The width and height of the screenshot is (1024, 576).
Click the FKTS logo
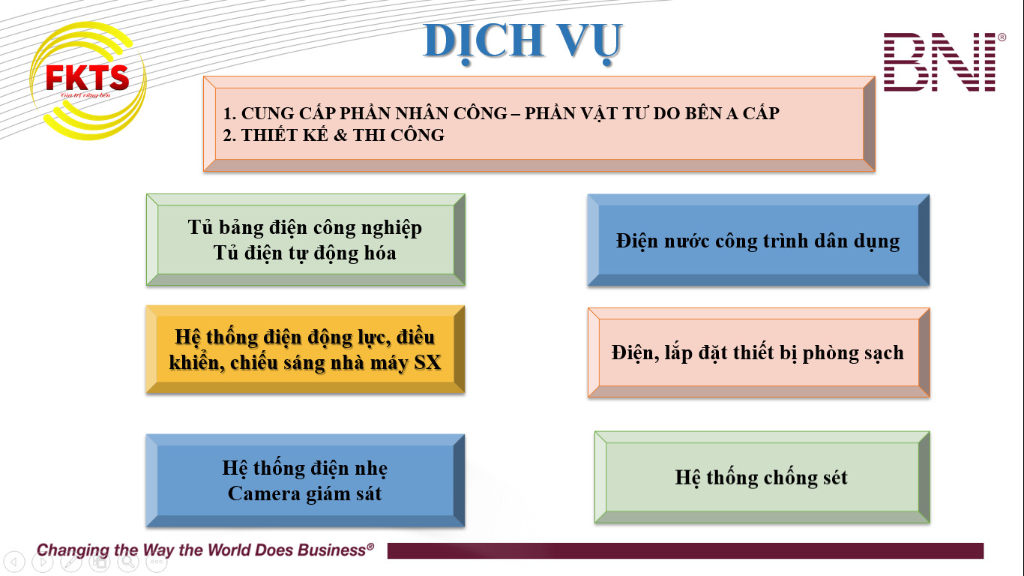point(88,80)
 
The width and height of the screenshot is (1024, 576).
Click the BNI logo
point(940,61)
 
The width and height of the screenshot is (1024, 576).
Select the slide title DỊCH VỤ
point(522,42)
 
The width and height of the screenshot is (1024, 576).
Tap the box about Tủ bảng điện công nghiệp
point(305,240)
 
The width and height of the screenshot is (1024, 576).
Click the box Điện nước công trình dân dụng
point(759,240)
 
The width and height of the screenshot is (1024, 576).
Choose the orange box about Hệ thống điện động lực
point(305,349)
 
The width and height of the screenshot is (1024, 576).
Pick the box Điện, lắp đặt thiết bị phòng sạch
point(759,352)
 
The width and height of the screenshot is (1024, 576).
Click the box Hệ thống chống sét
point(762,477)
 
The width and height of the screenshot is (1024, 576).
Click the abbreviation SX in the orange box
point(427,362)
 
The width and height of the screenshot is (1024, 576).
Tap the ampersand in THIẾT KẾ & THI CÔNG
point(340,135)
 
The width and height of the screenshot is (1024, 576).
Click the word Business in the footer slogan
point(332,550)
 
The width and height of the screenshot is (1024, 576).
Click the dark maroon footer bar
point(685,550)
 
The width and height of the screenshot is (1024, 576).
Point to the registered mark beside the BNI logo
point(1002,37)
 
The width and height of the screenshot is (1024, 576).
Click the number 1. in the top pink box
point(229,113)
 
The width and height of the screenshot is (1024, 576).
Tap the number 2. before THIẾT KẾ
point(229,135)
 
